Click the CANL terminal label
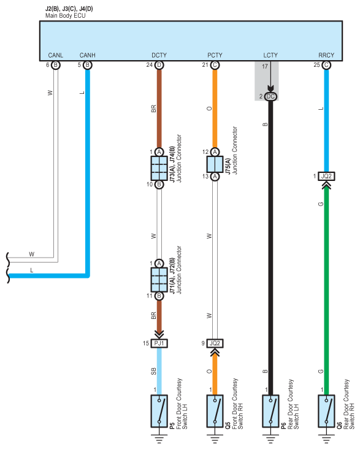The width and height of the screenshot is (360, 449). (56, 55)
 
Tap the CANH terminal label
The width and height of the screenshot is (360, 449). (87, 55)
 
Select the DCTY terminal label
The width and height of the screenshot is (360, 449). (159, 55)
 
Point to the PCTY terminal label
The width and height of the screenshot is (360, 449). (215, 55)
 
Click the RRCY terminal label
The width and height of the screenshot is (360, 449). (326, 55)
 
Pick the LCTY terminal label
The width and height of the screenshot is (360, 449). (270, 55)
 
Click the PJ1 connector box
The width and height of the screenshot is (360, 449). (159, 343)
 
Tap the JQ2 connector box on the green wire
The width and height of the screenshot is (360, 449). (326, 176)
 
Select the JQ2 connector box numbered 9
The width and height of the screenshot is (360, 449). (215, 343)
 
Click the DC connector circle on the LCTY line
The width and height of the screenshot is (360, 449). (270, 96)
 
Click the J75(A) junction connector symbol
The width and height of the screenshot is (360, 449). (215, 164)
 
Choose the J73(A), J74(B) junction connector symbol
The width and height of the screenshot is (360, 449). (159, 168)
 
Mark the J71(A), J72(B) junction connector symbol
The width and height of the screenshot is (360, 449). (159, 280)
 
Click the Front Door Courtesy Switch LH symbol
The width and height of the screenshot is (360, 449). (159, 411)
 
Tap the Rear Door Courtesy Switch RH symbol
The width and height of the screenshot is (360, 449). (326, 411)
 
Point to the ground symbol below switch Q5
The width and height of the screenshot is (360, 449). (215, 439)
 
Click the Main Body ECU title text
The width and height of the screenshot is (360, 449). (65, 16)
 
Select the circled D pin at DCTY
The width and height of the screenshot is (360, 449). (159, 65)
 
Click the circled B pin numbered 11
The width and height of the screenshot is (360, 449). (159, 296)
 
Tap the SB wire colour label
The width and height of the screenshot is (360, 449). (153, 371)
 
